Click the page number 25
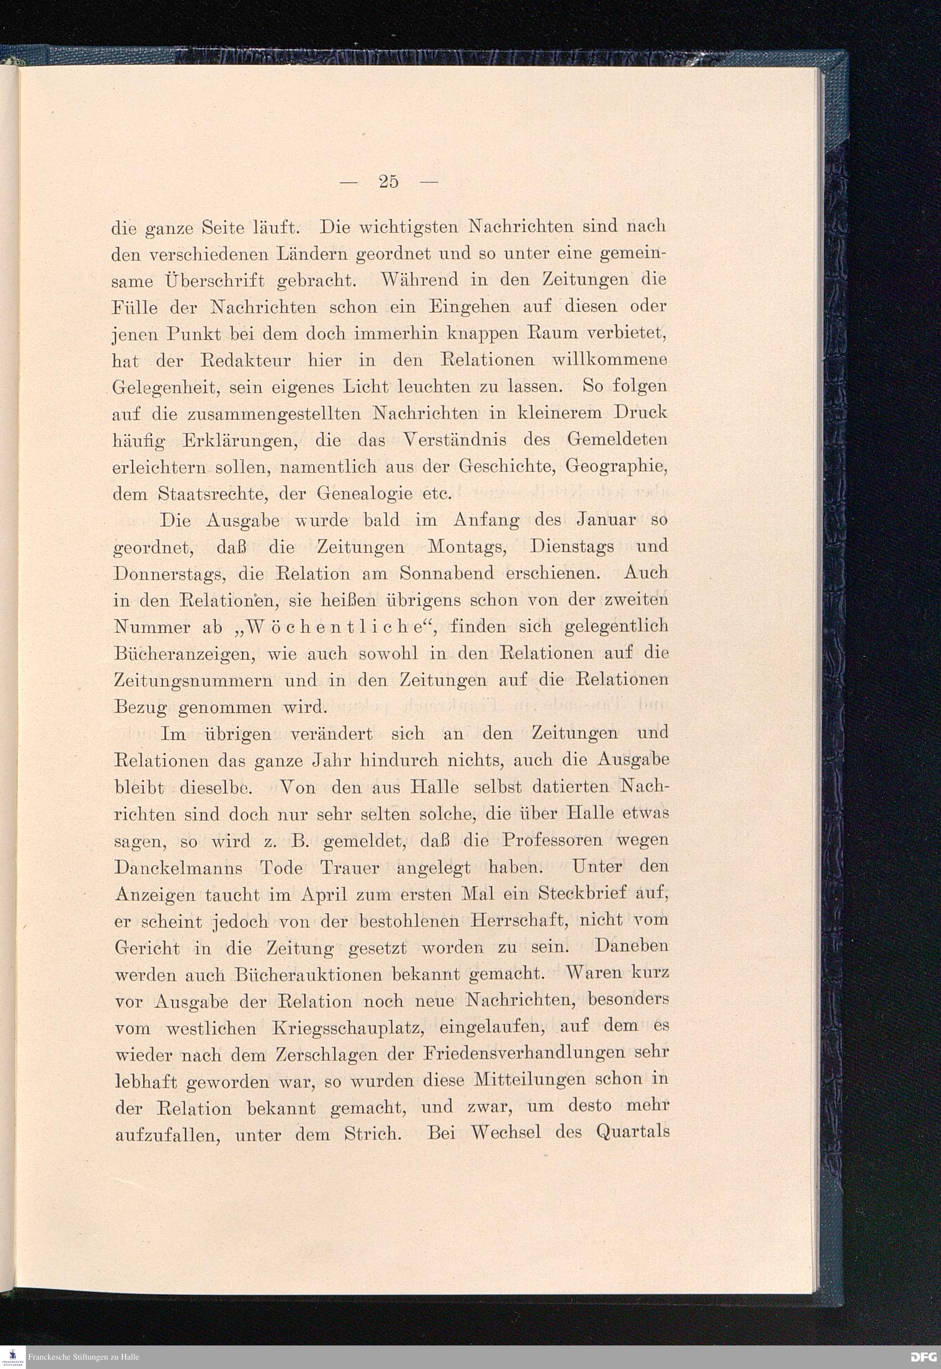pyautogui.click(x=389, y=182)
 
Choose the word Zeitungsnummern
pyautogui.click(x=192, y=680)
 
